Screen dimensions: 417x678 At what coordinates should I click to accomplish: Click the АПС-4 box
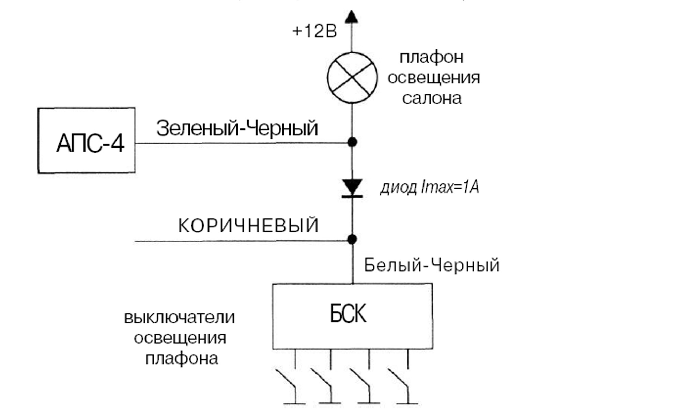tap(86, 141)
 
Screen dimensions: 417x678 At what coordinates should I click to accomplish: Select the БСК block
tap(352, 316)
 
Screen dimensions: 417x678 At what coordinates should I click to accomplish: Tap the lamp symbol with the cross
tap(352, 78)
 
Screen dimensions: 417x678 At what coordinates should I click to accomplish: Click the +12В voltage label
tap(314, 32)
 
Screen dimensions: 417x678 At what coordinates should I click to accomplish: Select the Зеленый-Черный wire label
tap(237, 128)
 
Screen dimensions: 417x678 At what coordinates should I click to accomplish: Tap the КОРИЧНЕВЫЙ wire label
tap(248, 226)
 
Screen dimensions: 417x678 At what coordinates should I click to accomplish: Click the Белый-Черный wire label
tap(432, 265)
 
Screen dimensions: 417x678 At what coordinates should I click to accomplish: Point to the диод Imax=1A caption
tap(430, 188)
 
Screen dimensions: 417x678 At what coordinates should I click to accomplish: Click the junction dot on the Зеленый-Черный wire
tap(352, 142)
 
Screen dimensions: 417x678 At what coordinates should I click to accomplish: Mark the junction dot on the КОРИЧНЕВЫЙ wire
tap(352, 239)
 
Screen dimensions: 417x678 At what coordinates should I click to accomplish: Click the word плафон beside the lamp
tap(431, 57)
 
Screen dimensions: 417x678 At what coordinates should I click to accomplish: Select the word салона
tap(432, 98)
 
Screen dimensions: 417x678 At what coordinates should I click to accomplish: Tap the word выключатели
tap(180, 318)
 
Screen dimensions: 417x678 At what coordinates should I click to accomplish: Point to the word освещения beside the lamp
tap(434, 78)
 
